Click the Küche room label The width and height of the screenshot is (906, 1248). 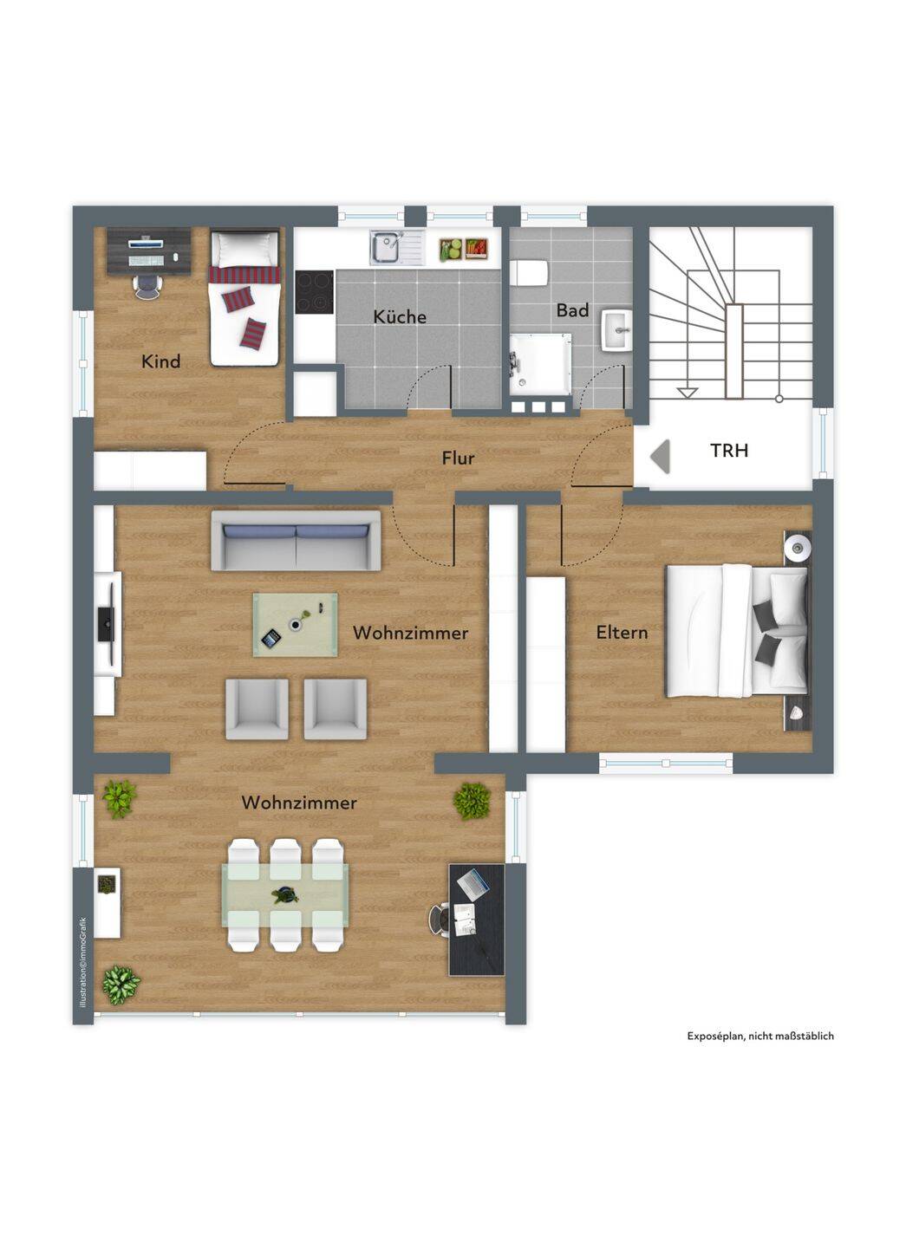(400, 316)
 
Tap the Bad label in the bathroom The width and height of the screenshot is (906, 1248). (572, 310)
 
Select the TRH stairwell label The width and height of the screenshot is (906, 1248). (729, 450)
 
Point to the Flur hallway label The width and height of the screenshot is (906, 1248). (458, 458)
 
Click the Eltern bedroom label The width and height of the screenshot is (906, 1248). (622, 633)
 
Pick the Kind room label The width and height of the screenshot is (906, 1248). (160, 361)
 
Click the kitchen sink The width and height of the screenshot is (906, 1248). (396, 248)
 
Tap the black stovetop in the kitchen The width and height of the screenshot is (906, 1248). (314, 293)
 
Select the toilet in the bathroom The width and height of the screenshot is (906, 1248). (529, 273)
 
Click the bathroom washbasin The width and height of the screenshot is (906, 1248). (616, 330)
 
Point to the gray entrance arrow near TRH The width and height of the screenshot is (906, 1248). (661, 456)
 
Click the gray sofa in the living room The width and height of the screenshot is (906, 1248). (296, 541)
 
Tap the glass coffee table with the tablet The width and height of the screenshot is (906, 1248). (296, 625)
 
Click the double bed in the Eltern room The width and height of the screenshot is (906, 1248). (737, 631)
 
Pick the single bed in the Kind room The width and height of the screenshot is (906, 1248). (244, 299)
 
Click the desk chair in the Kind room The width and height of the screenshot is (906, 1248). (147, 286)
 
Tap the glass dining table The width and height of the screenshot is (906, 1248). (285, 894)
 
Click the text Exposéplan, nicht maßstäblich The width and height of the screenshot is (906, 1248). (760, 1036)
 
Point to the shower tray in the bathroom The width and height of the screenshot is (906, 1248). (540, 364)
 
